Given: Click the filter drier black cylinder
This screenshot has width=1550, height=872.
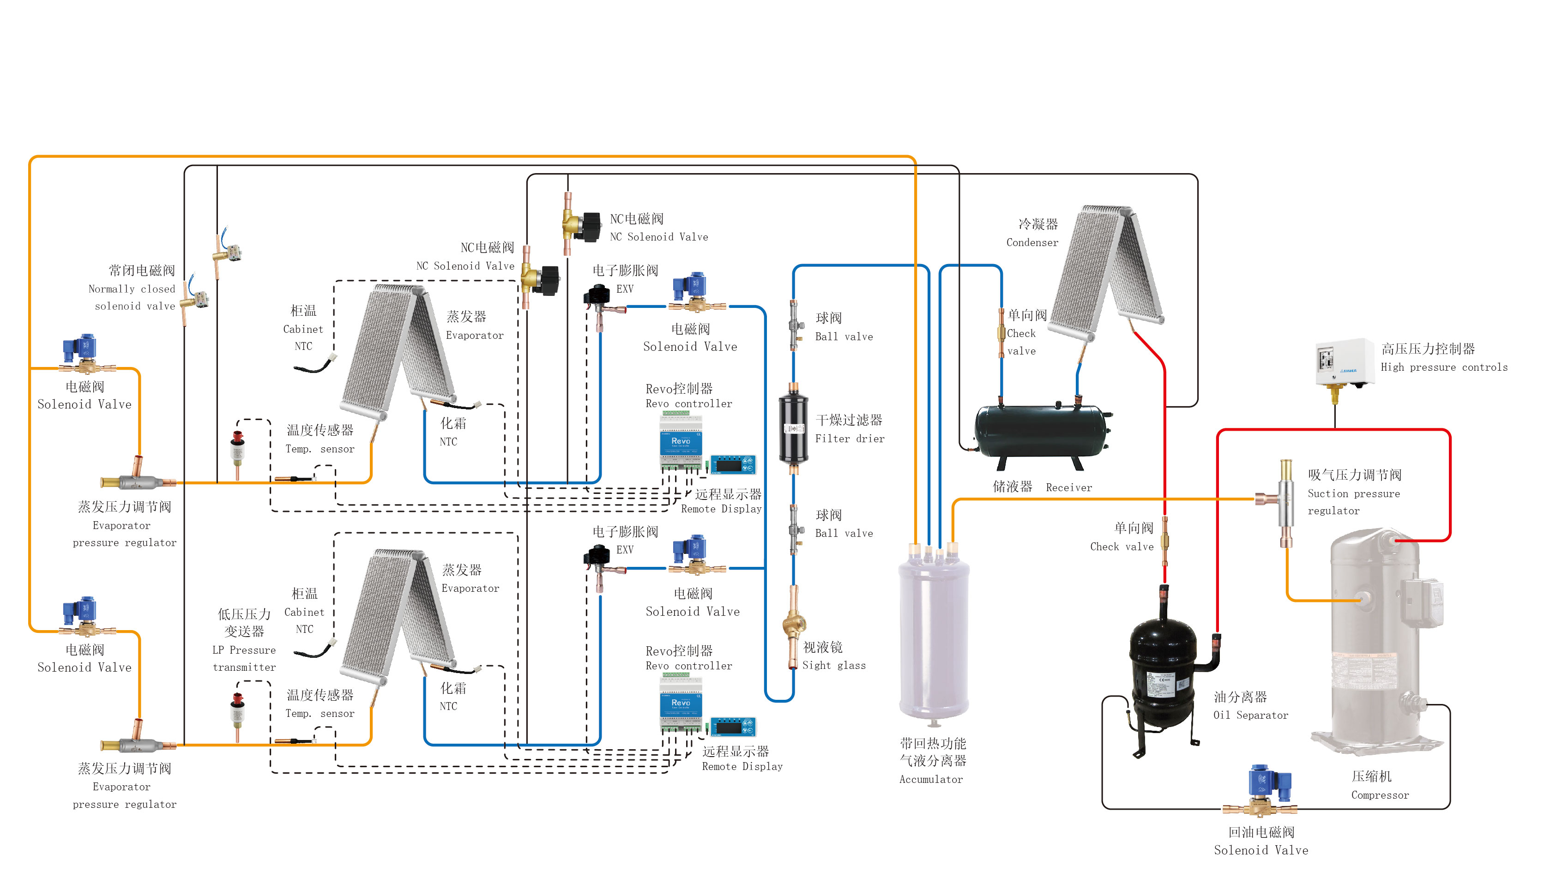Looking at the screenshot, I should click(x=793, y=428).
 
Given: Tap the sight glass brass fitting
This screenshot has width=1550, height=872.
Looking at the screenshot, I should click(x=794, y=625).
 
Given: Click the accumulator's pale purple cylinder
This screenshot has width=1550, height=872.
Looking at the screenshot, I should click(x=933, y=637).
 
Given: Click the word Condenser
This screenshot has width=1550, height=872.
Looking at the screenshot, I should click(x=1032, y=242).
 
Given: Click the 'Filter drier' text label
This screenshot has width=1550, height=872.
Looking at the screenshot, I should click(x=849, y=439).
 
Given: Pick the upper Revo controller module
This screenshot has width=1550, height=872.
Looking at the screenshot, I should click(x=681, y=444).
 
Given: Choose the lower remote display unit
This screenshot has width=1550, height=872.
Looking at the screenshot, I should click(x=733, y=727).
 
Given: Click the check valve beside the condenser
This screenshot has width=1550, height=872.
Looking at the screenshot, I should click(x=1001, y=332).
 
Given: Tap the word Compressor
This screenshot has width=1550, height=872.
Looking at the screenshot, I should click(x=1379, y=795).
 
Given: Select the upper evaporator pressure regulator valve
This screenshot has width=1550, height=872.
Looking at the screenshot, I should click(x=138, y=479).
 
